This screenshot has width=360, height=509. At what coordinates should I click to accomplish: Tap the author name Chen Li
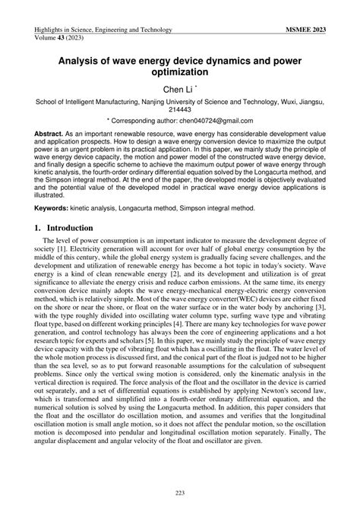coord(177,90)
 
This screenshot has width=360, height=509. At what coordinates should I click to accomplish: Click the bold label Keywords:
coord(55,205)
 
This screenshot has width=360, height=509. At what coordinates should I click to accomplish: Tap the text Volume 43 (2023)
coord(62,37)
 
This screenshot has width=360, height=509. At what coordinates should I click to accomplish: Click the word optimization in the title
coord(180,72)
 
